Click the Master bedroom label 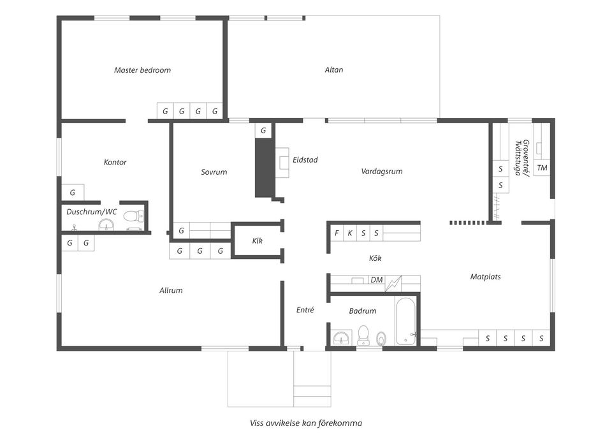coord(142,70)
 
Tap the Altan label coord(334,70)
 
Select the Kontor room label coord(115,162)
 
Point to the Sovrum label coord(214,172)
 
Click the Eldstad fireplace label coord(305,159)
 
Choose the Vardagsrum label coord(382,172)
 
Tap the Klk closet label coord(257,241)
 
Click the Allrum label coord(171,291)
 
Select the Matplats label coord(485,277)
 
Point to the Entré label coord(305,310)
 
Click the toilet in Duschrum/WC coord(133,216)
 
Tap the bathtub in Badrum coord(405,322)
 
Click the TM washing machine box coord(542,168)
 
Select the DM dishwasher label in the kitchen coord(377,280)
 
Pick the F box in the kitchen coord(337,233)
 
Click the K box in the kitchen coord(350,233)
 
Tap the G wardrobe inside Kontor coord(73,192)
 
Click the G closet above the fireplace coord(263,130)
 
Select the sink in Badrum coord(342,338)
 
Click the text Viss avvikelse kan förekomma coord(306,423)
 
